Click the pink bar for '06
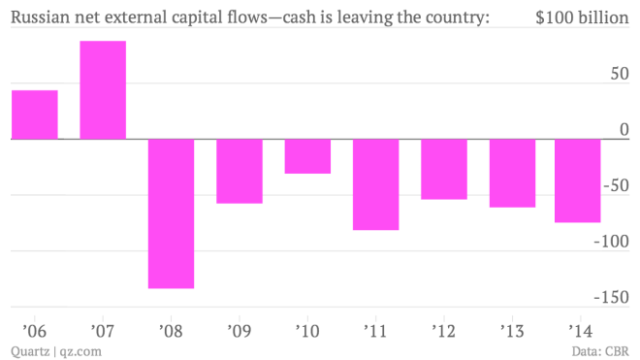coord(34,115)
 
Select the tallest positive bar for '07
coord(103,90)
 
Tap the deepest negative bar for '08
coord(171,213)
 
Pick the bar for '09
coord(239,171)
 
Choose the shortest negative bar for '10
coord(307,156)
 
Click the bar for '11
coord(375,184)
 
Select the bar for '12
coord(443,169)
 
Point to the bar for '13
coord(512,173)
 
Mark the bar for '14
coord(578,180)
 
